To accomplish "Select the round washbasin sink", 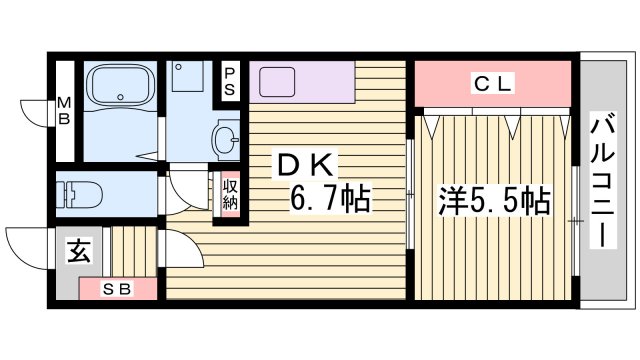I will (x=225, y=137).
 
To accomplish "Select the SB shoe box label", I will (x=120, y=290).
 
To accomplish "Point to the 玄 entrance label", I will (x=79, y=252).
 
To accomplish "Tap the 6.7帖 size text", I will (x=331, y=199).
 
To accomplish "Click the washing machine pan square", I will (x=186, y=79).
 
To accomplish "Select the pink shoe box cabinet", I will (x=120, y=290).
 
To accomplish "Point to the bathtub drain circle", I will (x=120, y=98).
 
